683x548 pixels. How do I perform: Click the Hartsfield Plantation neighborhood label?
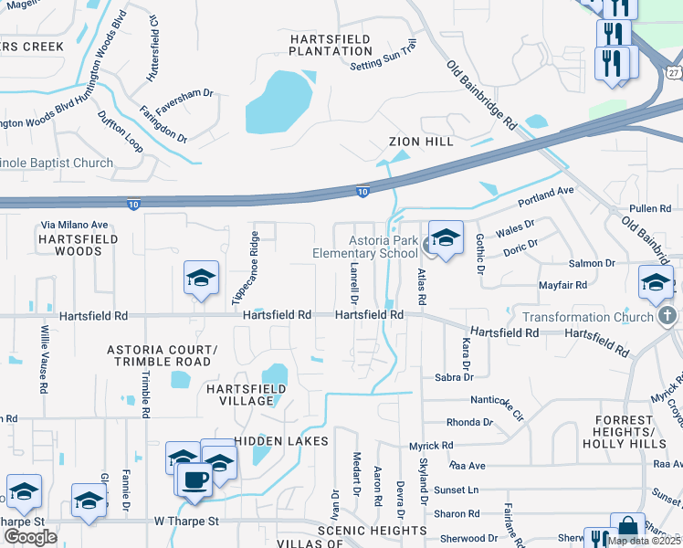(x=331, y=45)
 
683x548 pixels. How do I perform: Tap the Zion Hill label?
(x=420, y=142)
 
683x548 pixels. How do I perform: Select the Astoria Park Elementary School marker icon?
(x=445, y=238)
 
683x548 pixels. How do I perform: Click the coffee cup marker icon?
(x=194, y=479)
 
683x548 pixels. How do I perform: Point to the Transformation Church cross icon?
(x=667, y=317)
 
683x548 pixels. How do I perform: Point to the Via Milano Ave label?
(x=75, y=225)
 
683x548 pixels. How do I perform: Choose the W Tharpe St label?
(x=186, y=522)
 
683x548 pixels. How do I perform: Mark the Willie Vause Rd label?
(x=43, y=359)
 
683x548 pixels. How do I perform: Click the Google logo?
(x=30, y=536)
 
